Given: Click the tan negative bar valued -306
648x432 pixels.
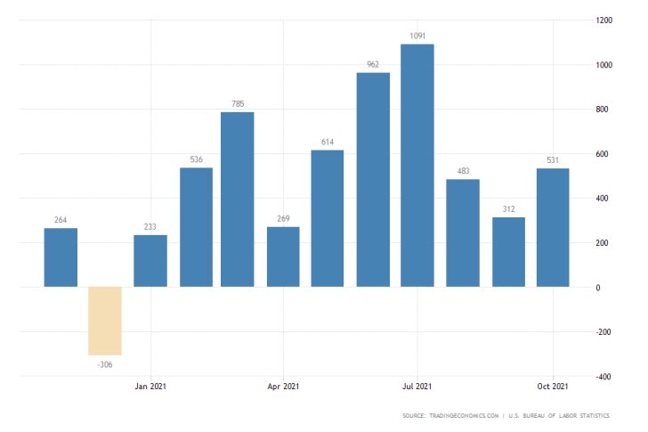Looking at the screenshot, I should tap(105, 321).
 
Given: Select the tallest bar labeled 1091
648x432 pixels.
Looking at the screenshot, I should tap(417, 166).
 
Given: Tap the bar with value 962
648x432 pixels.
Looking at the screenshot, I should tap(373, 180).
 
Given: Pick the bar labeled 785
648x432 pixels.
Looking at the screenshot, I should tap(238, 200).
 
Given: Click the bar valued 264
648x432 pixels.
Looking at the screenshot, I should tap(61, 257).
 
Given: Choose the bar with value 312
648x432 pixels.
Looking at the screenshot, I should tap(508, 252).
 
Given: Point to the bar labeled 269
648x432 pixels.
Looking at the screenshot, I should tap(283, 257).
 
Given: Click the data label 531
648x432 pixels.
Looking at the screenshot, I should tap(553, 160).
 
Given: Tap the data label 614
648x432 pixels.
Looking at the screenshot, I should tap(328, 143).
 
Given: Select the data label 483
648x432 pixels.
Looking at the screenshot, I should tap(463, 171).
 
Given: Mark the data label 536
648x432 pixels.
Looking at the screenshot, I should tap(196, 159).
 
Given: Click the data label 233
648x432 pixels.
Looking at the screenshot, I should tap(150, 226).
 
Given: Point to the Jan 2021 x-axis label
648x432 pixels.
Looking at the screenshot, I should tap(150, 387).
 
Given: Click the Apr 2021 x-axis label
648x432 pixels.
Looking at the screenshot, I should tap(283, 387).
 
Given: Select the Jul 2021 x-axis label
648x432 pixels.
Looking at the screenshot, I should tap(417, 387).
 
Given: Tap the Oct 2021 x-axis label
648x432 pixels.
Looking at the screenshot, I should tap(553, 387).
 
